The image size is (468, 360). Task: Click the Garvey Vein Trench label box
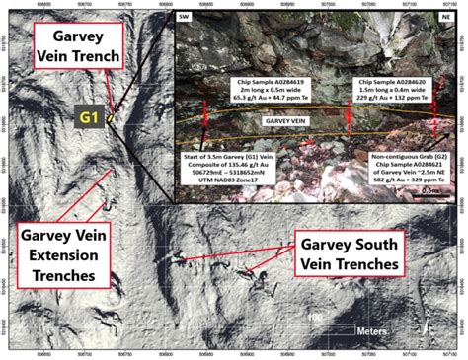point(78,45)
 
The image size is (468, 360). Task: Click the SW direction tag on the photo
point(185,18)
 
